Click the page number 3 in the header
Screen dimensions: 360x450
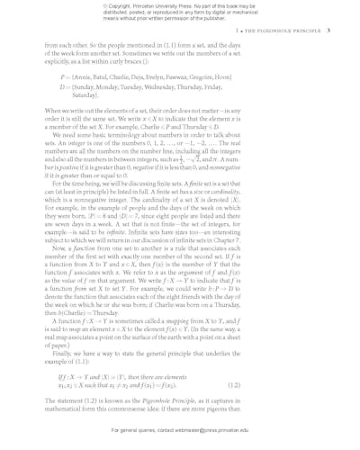[329, 30]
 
